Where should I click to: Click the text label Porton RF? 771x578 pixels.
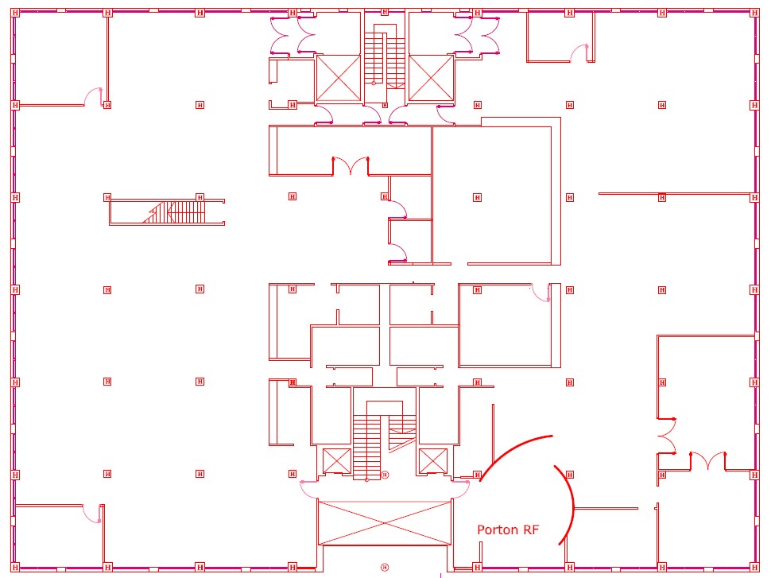click(x=508, y=530)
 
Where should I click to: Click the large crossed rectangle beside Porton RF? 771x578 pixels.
click(x=385, y=522)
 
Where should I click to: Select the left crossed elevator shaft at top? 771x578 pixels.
click(x=338, y=78)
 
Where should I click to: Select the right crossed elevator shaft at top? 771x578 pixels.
click(x=431, y=78)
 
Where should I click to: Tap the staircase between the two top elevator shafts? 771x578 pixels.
click(x=385, y=56)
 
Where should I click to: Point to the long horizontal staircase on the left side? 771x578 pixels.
click(x=167, y=212)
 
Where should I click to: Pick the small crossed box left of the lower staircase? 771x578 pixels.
click(x=337, y=460)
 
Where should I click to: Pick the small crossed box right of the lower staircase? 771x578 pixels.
click(x=433, y=460)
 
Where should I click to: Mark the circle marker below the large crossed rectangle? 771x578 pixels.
click(x=385, y=567)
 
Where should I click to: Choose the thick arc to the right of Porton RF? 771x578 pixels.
click(x=565, y=506)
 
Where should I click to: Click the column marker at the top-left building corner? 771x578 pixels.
click(x=15, y=13)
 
